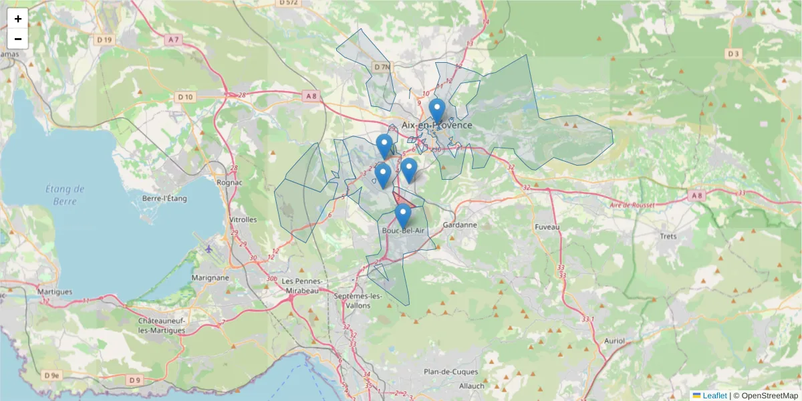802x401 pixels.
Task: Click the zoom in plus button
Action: [18, 19]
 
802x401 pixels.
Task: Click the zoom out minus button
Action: [18, 39]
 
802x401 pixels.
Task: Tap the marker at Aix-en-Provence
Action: [436, 110]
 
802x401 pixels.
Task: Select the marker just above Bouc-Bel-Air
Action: [402, 215]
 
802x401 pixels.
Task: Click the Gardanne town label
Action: [460, 225]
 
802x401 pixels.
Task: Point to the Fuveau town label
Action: [547, 227]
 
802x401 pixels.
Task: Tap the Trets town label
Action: [668, 236]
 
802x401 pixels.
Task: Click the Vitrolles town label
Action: [243, 219]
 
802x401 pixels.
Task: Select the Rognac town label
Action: [229, 182]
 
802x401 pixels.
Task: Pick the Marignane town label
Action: [210, 277]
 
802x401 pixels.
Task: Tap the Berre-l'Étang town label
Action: [165, 198]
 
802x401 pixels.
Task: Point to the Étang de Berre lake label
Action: [65, 194]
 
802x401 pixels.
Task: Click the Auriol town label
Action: [614, 341]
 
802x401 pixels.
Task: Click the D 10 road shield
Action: [185, 97]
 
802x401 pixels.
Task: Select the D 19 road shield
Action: [104, 40]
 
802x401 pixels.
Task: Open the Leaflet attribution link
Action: [714, 396]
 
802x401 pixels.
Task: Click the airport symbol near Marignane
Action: [209, 249]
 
